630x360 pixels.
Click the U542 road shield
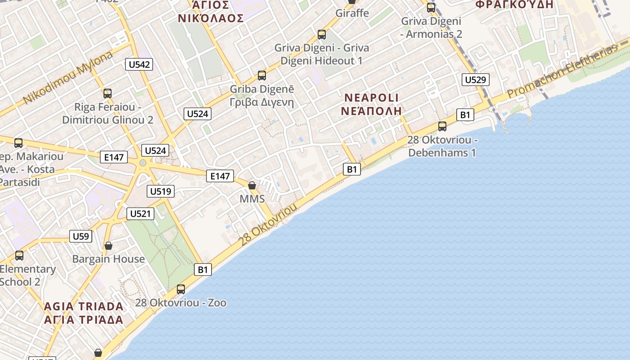(x=139, y=64)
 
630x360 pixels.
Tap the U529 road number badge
(x=475, y=80)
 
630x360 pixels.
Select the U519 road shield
(x=161, y=191)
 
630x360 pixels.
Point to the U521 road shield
(x=140, y=214)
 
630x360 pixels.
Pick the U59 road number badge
(x=81, y=236)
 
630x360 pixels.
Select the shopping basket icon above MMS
(x=252, y=185)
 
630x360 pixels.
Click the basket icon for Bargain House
(x=108, y=246)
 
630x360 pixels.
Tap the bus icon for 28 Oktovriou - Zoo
(x=181, y=289)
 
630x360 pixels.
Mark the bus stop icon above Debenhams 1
(x=442, y=126)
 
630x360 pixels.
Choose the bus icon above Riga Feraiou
(x=108, y=94)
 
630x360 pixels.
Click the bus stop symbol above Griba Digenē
(x=262, y=76)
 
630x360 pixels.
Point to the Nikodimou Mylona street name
(x=67, y=77)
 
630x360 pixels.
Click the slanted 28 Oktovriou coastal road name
(x=268, y=224)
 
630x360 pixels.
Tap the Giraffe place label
(x=352, y=13)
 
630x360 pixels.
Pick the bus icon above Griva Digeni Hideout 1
(x=322, y=35)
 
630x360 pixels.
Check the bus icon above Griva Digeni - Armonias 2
(x=431, y=8)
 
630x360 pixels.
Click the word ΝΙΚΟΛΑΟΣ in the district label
(x=211, y=18)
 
